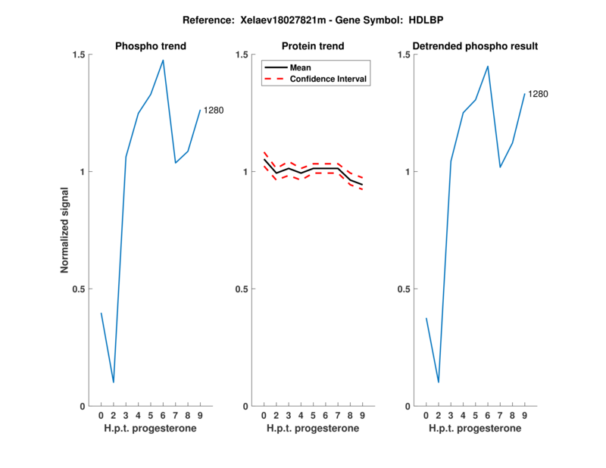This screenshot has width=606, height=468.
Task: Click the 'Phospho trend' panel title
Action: tap(150, 46)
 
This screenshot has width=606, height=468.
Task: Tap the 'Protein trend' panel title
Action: tap(313, 46)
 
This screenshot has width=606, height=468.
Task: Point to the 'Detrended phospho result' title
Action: tap(475, 46)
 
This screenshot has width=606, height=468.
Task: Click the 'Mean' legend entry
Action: tap(301, 67)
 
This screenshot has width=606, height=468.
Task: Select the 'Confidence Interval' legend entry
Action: tap(329, 79)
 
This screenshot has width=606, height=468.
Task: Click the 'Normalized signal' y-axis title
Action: tap(65, 229)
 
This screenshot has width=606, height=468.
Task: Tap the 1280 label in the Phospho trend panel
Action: tap(214, 111)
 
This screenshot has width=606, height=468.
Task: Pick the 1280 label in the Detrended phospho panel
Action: tap(538, 94)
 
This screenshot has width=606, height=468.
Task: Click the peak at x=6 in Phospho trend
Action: tap(163, 60)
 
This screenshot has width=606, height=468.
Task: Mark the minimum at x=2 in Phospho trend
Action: tap(114, 382)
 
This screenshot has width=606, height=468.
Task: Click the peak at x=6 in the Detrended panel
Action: tap(488, 66)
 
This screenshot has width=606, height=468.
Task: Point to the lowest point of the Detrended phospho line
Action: tap(438, 382)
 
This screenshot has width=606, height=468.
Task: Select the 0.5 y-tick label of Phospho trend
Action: tap(79, 289)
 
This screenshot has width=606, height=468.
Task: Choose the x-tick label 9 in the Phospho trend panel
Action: tap(200, 416)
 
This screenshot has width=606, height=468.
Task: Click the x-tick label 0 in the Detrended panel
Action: tap(426, 416)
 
